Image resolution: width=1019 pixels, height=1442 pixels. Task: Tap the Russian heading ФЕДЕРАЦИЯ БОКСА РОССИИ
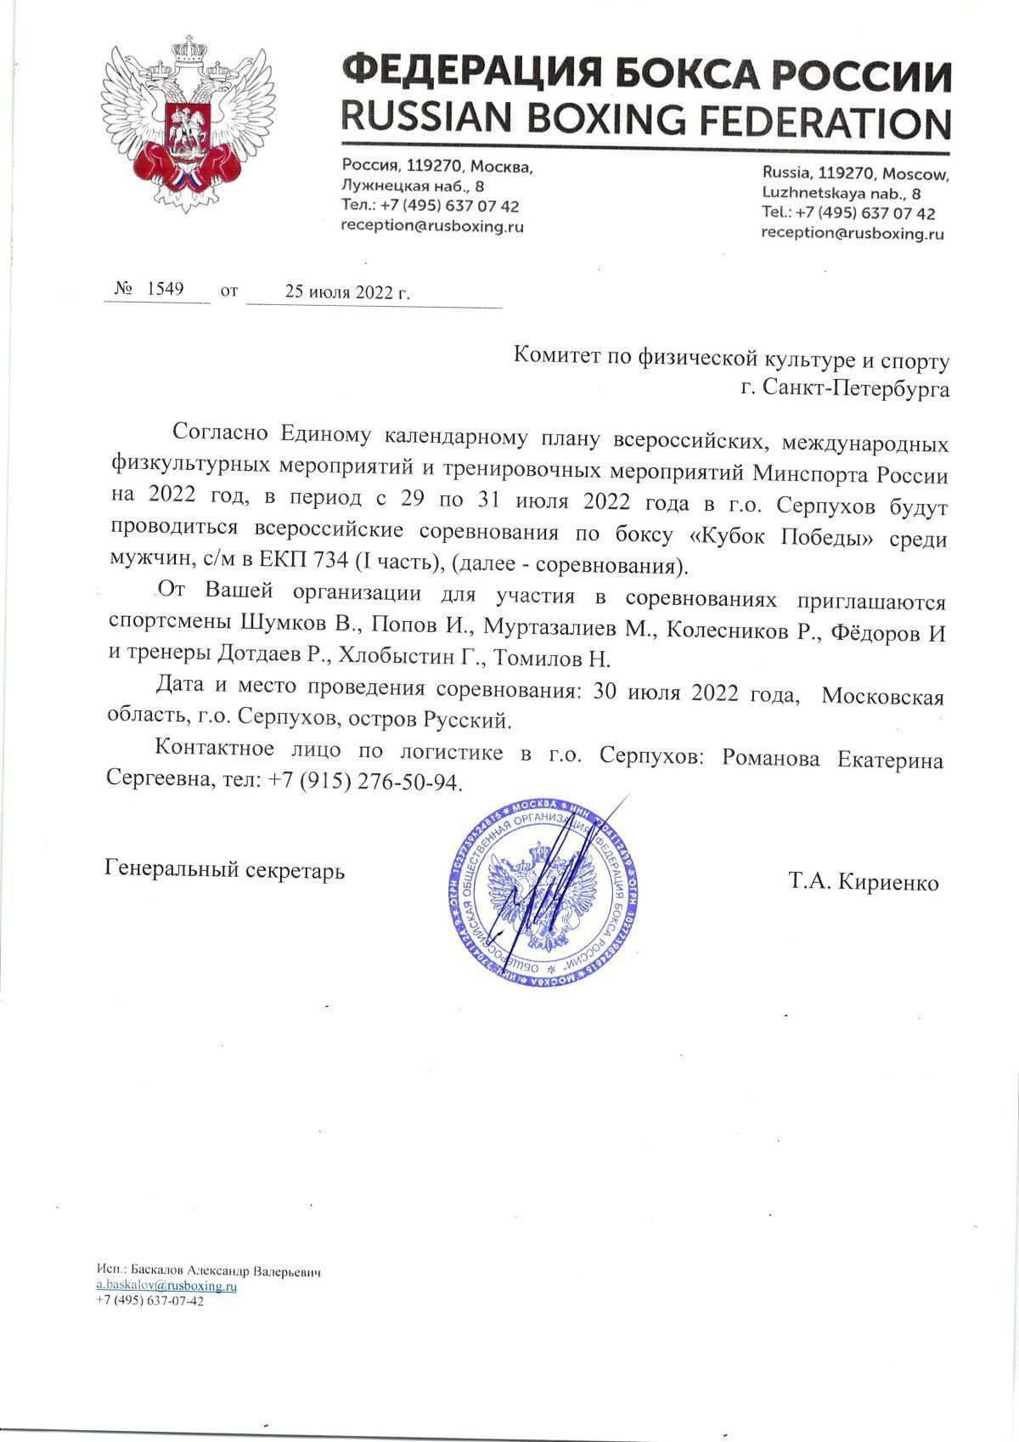645,74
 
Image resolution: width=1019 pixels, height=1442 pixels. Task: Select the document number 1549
166,289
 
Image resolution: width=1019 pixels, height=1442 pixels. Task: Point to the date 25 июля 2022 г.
346,292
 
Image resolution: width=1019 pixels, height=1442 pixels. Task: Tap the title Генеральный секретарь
224,869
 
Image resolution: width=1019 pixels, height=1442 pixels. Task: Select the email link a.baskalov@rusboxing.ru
166,1286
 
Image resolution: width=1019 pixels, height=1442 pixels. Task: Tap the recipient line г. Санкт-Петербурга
845,389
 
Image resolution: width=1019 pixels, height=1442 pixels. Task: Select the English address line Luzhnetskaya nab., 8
836,193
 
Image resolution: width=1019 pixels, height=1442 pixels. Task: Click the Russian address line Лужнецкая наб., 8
414,186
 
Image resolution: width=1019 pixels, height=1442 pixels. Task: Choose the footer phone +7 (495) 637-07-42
149,1302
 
